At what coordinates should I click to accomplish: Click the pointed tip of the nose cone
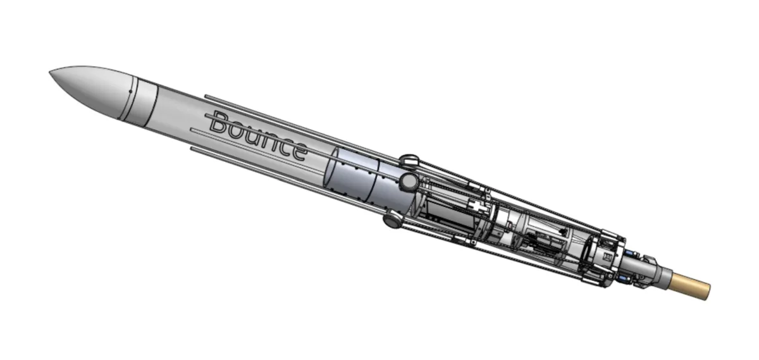50,72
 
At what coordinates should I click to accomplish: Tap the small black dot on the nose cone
130,91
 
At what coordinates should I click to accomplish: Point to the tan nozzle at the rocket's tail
690,287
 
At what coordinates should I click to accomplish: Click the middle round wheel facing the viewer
408,182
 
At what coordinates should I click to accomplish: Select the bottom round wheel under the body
393,219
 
